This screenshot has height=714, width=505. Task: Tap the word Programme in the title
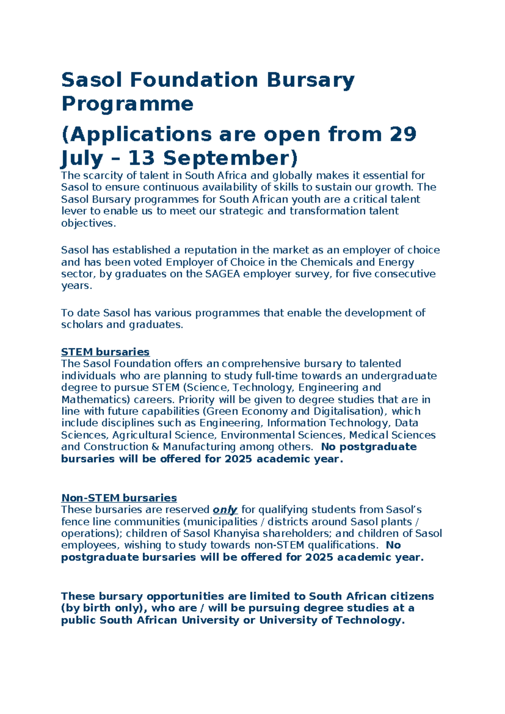127,104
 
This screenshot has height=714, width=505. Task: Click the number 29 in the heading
403,134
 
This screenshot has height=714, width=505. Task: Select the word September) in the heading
230,158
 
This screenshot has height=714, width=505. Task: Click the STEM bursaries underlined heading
105,352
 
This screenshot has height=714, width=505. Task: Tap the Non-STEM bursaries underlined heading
119,498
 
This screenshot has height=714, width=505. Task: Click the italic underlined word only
225,510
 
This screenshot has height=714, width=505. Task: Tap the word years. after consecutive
76,286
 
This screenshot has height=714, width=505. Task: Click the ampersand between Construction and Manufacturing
155,447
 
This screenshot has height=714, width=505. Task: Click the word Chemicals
326,262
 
